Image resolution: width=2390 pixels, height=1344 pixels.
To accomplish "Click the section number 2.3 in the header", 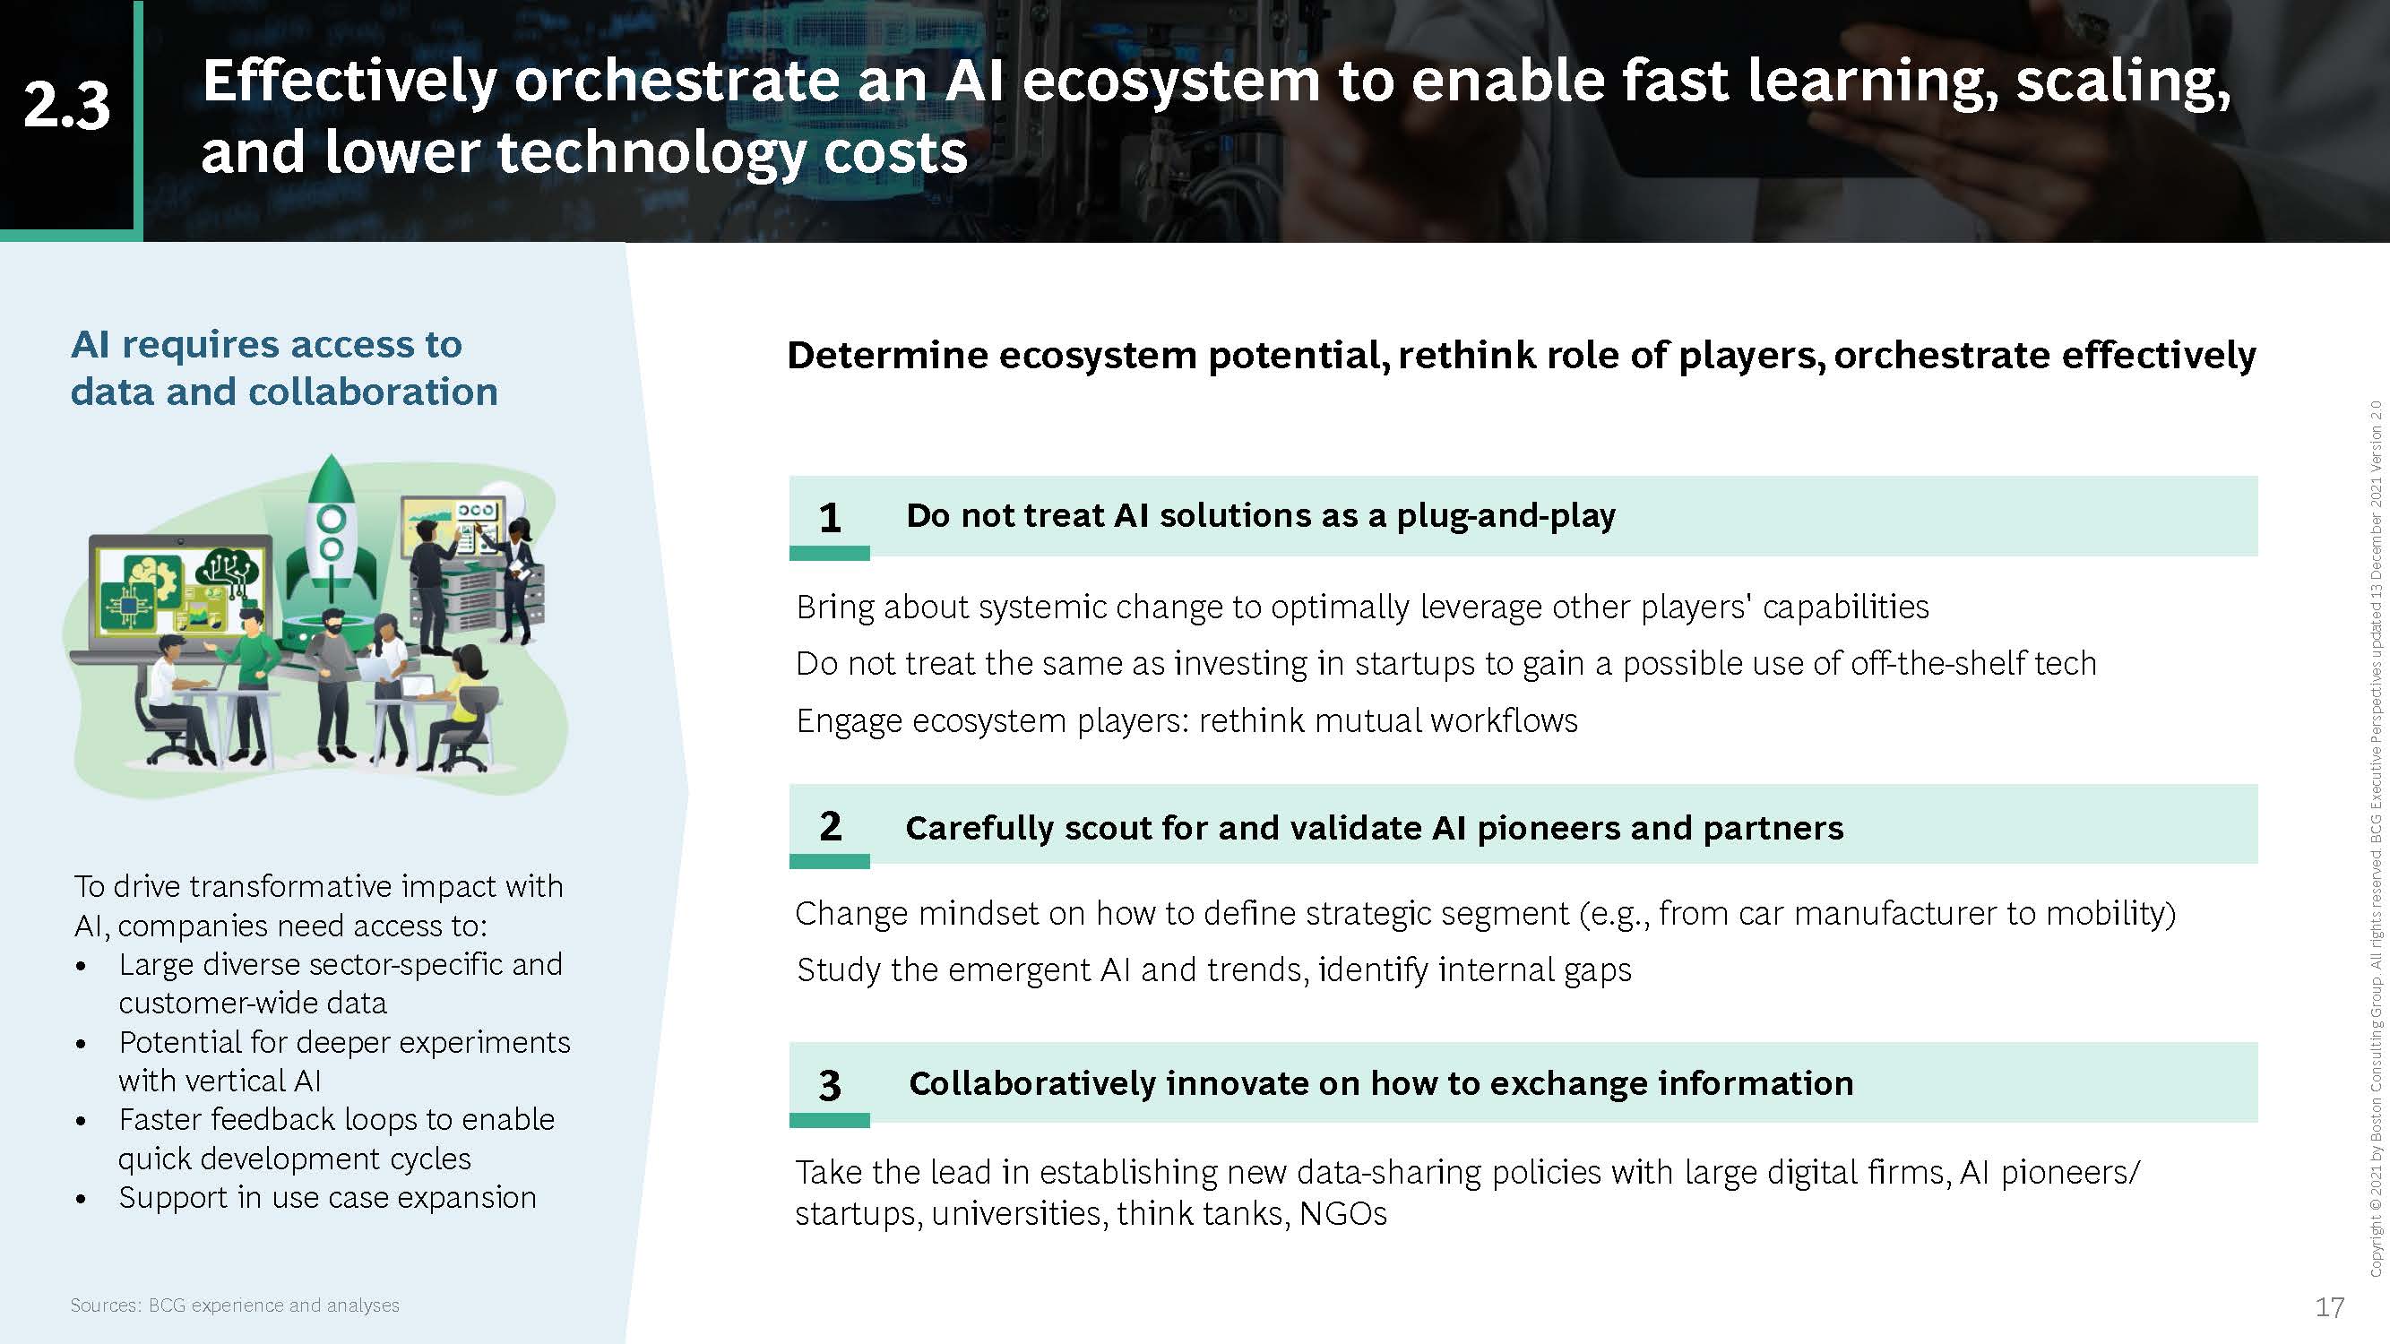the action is pos(67,105).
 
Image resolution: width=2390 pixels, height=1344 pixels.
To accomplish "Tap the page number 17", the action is pos(2330,1307).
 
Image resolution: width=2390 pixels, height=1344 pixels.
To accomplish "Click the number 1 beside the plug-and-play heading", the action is pos(830,518).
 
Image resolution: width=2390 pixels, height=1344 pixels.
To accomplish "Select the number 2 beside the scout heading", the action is pos(830,825).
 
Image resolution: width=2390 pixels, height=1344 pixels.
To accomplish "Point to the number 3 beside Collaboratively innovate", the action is pos(830,1085).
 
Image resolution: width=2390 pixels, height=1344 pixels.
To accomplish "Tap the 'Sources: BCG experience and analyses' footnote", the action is pos(235,1305).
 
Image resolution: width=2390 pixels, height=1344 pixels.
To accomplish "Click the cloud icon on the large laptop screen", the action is pos(229,564).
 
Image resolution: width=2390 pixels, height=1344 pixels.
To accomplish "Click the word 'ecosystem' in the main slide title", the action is pos(1171,81).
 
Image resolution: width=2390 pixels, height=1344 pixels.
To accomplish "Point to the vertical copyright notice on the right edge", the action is pos(2376,839).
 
